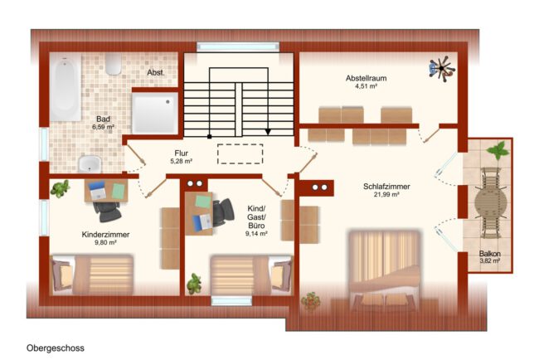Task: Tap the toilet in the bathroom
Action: click(x=113, y=64)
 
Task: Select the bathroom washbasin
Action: click(x=90, y=164)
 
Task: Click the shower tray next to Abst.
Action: click(x=155, y=113)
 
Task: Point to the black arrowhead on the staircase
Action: click(x=268, y=132)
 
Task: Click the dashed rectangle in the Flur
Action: click(x=240, y=153)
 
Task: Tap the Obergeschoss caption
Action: click(x=56, y=348)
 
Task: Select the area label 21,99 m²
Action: click(x=386, y=195)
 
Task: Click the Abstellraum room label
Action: click(x=366, y=78)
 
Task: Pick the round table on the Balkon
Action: click(x=491, y=203)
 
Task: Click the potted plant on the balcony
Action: click(x=498, y=150)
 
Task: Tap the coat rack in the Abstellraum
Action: click(x=442, y=69)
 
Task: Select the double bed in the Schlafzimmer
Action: click(x=384, y=268)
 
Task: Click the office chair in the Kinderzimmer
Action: click(x=107, y=212)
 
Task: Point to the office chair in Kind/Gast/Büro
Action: click(x=222, y=212)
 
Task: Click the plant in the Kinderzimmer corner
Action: click(x=61, y=188)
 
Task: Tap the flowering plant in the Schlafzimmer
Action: click(x=310, y=302)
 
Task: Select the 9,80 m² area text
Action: click(x=105, y=242)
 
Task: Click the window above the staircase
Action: click(x=238, y=47)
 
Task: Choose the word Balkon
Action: click(x=490, y=254)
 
